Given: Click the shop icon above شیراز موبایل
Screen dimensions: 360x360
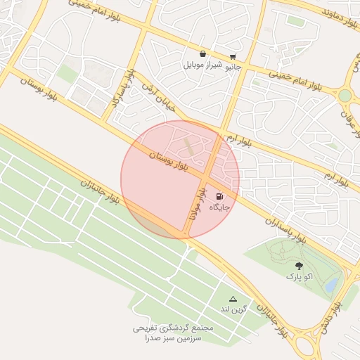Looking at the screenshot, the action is tap(202, 53).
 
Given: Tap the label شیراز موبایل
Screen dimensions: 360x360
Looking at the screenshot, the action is tap(202, 65).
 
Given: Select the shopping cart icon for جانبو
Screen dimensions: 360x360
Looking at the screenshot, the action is tap(233, 57).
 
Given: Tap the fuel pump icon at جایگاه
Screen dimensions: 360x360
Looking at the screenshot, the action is tap(220, 195).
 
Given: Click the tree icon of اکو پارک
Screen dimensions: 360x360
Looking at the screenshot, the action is tap(300, 266).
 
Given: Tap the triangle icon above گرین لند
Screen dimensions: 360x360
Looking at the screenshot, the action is tap(233, 299).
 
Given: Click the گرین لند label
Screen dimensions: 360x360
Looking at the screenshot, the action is tap(234, 309).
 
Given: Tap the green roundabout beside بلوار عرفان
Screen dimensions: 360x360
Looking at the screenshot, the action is tap(345, 95).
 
